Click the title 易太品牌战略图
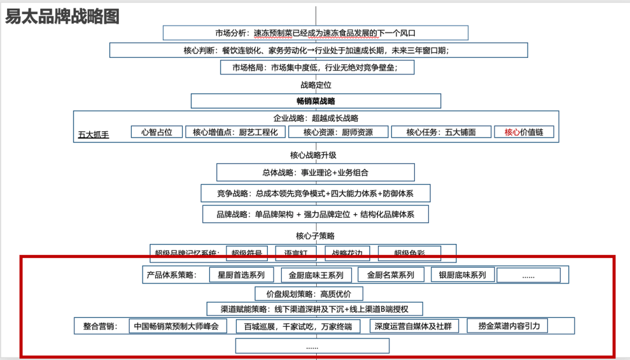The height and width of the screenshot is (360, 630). click(62, 16)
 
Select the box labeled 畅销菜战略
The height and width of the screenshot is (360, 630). click(316, 101)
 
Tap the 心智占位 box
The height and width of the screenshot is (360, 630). click(157, 132)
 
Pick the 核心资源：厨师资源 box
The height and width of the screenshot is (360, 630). click(338, 132)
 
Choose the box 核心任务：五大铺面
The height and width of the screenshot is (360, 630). click(440, 132)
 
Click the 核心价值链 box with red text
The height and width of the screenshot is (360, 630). click(524, 132)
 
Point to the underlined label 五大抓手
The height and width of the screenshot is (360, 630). click(93, 135)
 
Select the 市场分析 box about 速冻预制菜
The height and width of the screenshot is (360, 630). click(316, 33)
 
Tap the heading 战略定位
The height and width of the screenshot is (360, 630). click(316, 85)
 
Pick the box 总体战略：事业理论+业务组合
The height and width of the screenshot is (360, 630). click(316, 172)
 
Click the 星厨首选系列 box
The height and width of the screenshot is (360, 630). click(241, 275)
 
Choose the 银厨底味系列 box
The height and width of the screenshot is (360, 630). click(463, 274)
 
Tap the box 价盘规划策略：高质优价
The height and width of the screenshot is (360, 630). click(309, 293)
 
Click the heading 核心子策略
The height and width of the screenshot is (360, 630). click(316, 236)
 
